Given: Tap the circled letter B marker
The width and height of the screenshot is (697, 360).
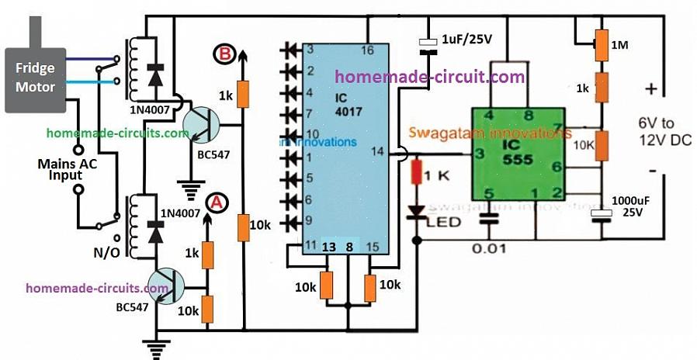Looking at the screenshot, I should click(224, 54).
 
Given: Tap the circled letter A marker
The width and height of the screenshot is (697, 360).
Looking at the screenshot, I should click(217, 202).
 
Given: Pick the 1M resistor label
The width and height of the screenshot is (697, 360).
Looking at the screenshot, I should click(620, 46).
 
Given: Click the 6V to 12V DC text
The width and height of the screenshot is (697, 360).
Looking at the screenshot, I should click(664, 132).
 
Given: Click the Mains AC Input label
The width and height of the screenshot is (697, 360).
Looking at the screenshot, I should click(61, 170).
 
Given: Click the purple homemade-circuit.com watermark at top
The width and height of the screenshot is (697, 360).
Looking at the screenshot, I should click(429, 77).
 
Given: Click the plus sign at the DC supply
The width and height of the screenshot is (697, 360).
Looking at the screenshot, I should click(650, 89).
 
